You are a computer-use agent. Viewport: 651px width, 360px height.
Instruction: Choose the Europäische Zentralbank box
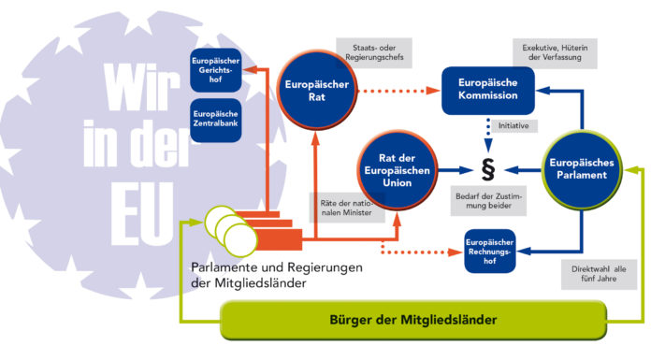[215, 120]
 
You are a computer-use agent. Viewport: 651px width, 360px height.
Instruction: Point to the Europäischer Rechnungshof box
[490, 250]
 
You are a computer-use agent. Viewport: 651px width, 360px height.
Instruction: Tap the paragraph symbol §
[486, 171]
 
